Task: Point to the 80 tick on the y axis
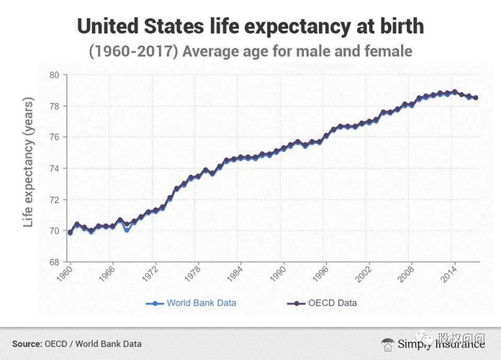(55, 75)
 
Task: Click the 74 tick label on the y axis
(55, 168)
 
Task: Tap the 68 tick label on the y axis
(55, 262)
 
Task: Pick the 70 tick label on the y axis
(55, 231)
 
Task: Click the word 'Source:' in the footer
(27, 343)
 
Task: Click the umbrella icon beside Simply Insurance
(388, 343)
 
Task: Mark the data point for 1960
(70, 233)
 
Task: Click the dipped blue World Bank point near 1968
(127, 230)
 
